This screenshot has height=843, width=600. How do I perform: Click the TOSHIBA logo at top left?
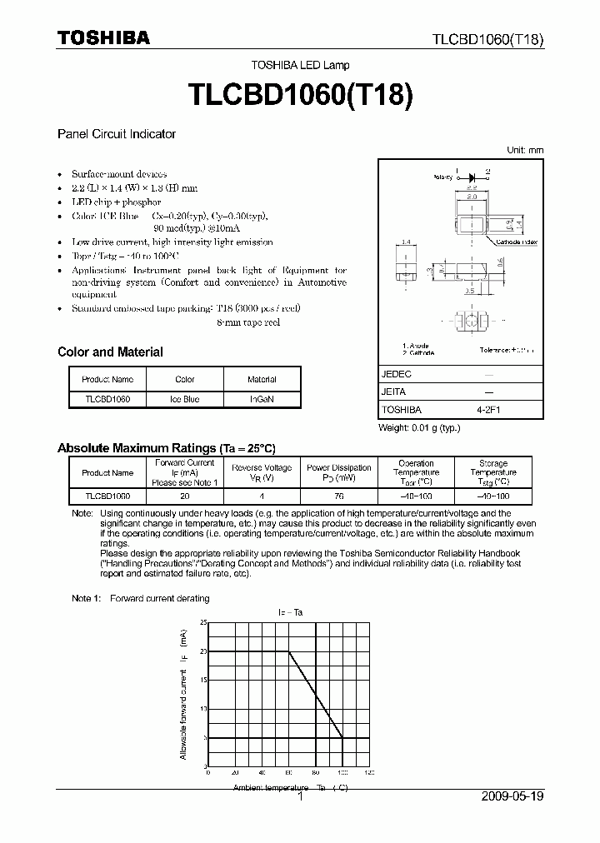click(103, 37)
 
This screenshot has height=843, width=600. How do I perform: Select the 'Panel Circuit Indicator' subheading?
click(116, 133)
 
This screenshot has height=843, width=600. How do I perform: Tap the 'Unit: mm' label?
click(525, 150)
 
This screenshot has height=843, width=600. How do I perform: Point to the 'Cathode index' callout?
click(517, 242)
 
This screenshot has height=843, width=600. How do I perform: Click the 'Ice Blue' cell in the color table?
click(184, 399)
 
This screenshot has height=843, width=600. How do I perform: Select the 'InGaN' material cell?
click(262, 399)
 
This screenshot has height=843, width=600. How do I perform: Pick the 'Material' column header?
click(262, 379)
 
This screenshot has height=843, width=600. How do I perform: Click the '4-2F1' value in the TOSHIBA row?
click(488, 410)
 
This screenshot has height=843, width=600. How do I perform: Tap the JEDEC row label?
click(397, 374)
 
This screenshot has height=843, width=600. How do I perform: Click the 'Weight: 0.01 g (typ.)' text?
click(419, 427)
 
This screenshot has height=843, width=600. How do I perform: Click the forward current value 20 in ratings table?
click(184, 495)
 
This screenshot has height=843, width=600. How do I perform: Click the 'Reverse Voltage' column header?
click(262, 468)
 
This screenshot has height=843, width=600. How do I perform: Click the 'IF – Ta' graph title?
click(290, 612)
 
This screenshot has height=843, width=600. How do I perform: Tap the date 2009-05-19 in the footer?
click(512, 796)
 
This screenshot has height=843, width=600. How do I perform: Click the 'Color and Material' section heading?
click(110, 352)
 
